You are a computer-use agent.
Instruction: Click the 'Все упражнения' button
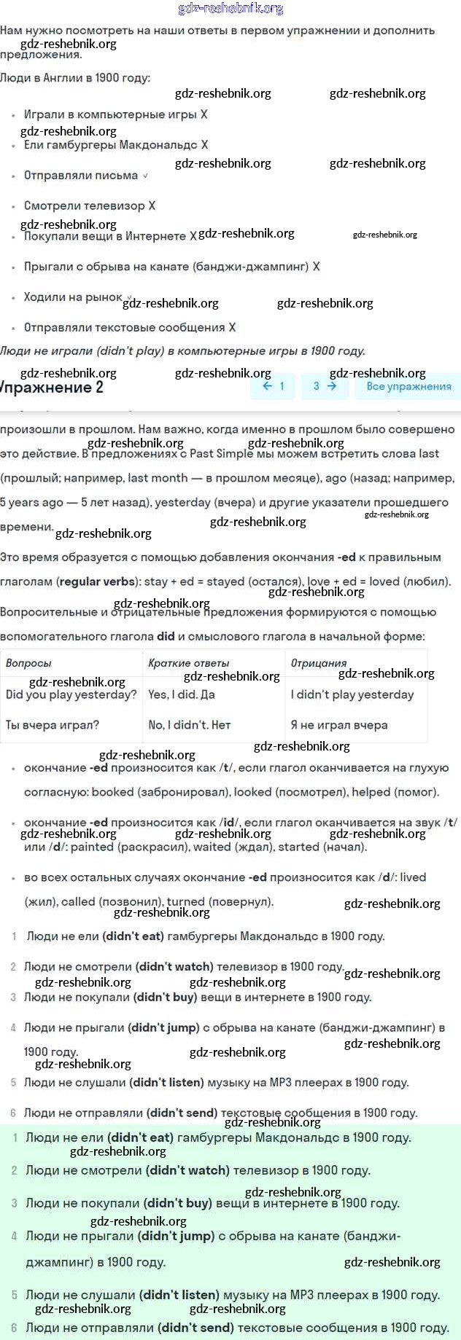[408, 386]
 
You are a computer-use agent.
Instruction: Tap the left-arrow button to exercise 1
[273, 386]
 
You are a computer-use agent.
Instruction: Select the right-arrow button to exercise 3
[325, 386]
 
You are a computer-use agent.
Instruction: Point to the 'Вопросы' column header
[28, 663]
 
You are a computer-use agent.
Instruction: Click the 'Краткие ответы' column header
[188, 663]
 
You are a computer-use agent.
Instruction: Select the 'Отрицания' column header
[319, 663]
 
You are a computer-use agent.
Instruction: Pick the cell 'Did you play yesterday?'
[71, 694]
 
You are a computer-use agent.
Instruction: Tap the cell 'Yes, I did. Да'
[181, 694]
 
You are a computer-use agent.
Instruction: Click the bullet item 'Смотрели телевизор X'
[89, 206]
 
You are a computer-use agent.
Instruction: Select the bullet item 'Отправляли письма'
[81, 176]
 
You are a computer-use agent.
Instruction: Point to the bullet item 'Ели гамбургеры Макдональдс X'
[115, 145]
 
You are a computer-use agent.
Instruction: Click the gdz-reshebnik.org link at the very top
[230, 9]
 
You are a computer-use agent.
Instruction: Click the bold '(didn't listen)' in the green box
[179, 1295]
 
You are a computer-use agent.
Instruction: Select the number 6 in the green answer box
[14, 1328]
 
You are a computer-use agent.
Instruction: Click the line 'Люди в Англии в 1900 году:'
[75, 78]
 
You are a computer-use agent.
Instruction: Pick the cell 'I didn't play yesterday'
[352, 694]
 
